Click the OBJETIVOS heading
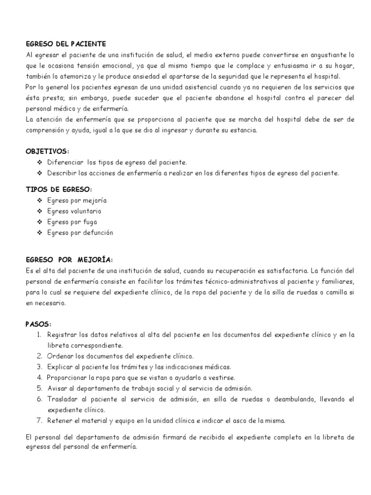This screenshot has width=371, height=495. (48, 151)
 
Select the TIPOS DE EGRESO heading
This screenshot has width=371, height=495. (58, 189)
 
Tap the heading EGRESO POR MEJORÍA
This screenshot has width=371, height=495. (70, 260)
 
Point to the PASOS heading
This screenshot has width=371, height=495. (38, 323)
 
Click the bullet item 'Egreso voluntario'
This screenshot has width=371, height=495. (74, 211)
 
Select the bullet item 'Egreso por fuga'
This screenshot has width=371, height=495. (72, 222)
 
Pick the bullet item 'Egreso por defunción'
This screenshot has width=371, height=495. (80, 233)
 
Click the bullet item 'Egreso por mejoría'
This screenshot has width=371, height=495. (77, 200)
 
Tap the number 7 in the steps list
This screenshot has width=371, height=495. (40, 420)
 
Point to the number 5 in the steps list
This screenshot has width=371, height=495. (40, 388)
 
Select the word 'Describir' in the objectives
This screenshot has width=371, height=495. (61, 173)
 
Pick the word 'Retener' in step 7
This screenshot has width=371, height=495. (59, 420)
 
